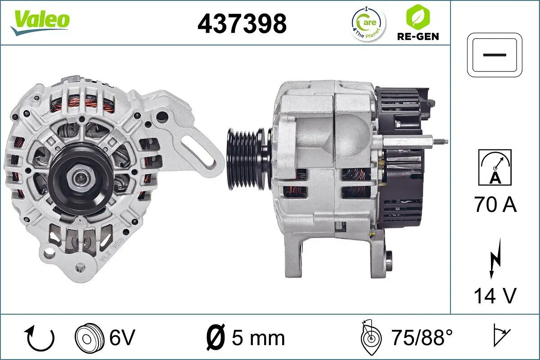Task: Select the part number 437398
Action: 242,23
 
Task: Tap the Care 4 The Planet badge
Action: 368,23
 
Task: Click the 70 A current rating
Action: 495,205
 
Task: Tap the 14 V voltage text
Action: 495,296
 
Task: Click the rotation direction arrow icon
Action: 41,337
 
